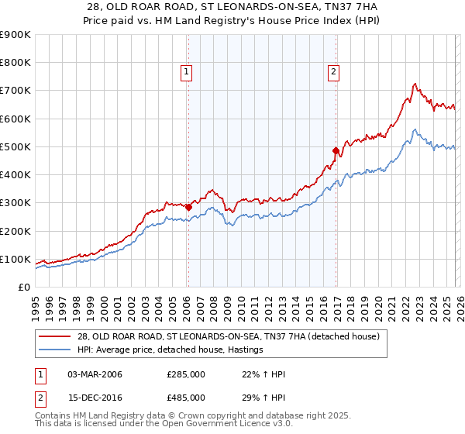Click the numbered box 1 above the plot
pyautogui.click(x=188, y=73)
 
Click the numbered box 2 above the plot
pyautogui.click(x=333, y=73)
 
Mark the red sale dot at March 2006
pyautogui.click(x=188, y=207)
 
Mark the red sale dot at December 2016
pyautogui.click(x=336, y=150)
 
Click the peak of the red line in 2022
pyautogui.click(x=415, y=84)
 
